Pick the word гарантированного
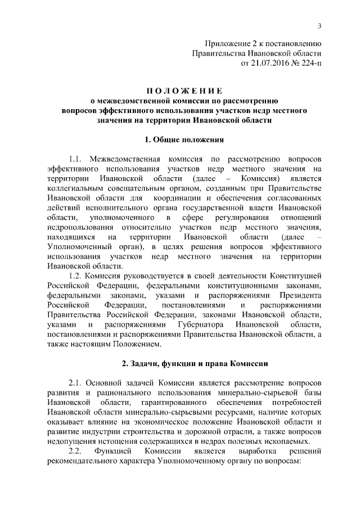click(174, 403)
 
